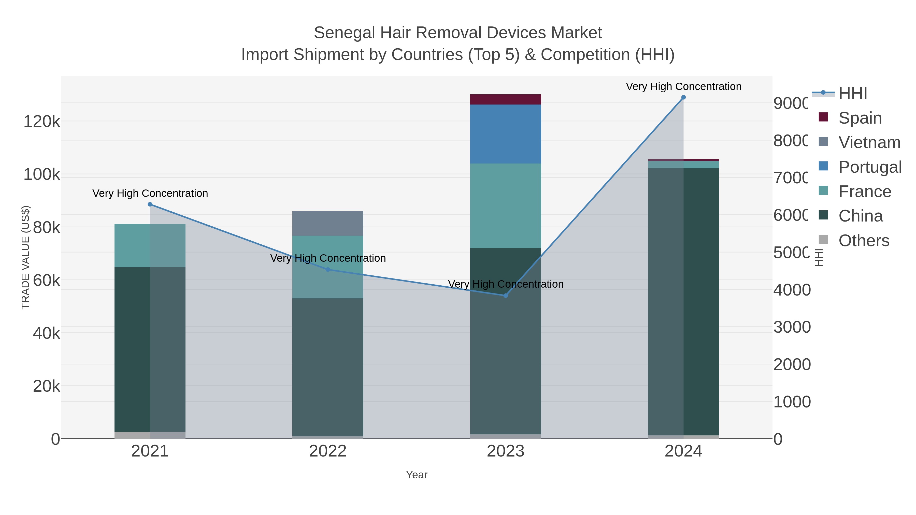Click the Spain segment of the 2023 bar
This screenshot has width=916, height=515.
(505, 99)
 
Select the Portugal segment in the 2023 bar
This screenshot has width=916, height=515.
(505, 134)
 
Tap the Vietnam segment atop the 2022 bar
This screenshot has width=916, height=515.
(327, 223)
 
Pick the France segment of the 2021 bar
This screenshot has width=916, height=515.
(150, 245)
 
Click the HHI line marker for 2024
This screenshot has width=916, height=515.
(683, 97)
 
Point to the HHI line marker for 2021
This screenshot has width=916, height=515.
(150, 204)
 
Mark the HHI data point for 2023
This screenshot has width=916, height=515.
(505, 295)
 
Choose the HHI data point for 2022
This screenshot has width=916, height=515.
(327, 269)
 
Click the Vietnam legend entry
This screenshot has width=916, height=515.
(869, 142)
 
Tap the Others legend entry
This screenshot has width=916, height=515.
(864, 241)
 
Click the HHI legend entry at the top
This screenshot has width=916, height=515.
(853, 94)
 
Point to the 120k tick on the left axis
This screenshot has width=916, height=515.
(42, 122)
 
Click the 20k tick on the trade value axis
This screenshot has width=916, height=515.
(46, 386)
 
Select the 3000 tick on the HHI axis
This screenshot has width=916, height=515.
(792, 327)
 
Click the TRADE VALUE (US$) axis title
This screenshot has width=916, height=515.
(26, 257)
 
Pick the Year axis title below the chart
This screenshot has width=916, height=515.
(416, 475)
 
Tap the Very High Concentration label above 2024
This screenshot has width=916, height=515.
(683, 86)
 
